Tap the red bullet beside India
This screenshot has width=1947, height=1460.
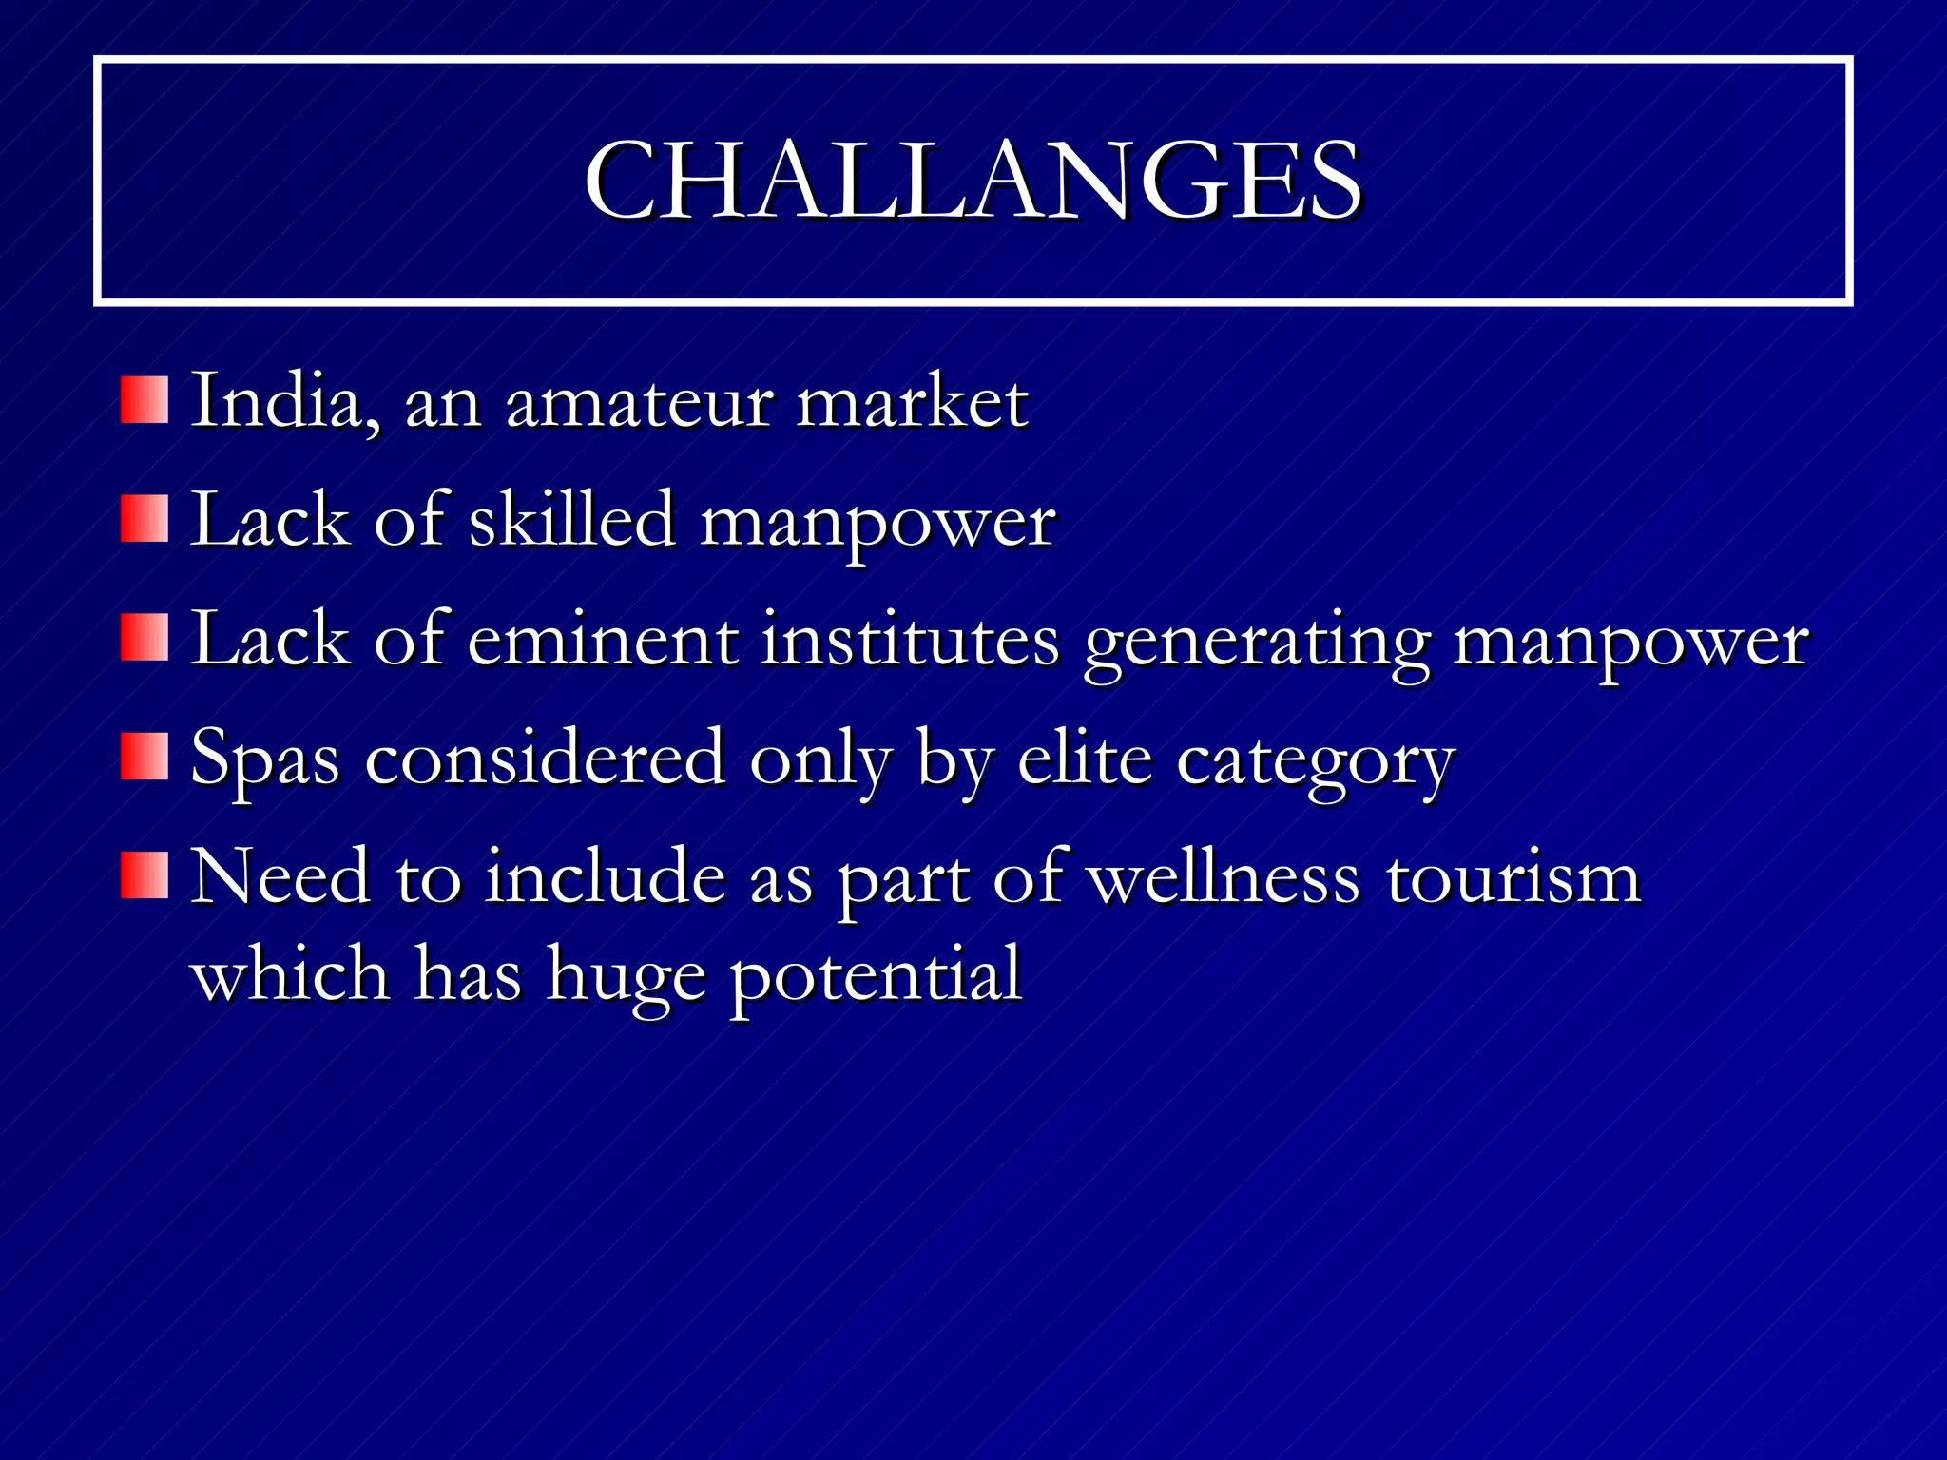tap(145, 399)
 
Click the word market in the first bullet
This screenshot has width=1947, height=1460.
tap(912, 403)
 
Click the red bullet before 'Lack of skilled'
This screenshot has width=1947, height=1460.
tap(145, 518)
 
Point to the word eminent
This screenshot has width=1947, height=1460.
tap(603, 640)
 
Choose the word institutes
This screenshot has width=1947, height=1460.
tap(910, 640)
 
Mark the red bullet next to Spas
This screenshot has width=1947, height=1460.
tap(145, 757)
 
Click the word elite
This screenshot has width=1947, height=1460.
tap(1085, 759)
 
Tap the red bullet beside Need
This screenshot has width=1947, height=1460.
tap(145, 875)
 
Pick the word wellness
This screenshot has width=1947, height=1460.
tap(1224, 877)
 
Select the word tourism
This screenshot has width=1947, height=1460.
tap(1513, 877)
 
